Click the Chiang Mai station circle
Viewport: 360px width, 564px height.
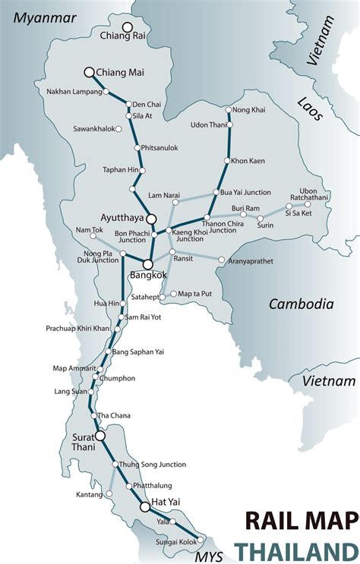click(89, 72)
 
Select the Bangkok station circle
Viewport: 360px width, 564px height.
click(148, 265)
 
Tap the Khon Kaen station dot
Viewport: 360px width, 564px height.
click(226, 161)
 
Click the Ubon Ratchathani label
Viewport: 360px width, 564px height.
click(309, 194)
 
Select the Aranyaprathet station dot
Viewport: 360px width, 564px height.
click(222, 260)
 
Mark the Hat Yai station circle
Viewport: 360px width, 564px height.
click(144, 506)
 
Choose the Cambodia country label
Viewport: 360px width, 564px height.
click(302, 304)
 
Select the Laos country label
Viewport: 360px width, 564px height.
click(311, 109)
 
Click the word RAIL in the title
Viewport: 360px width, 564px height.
click(270, 521)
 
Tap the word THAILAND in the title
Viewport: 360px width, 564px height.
click(295, 550)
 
